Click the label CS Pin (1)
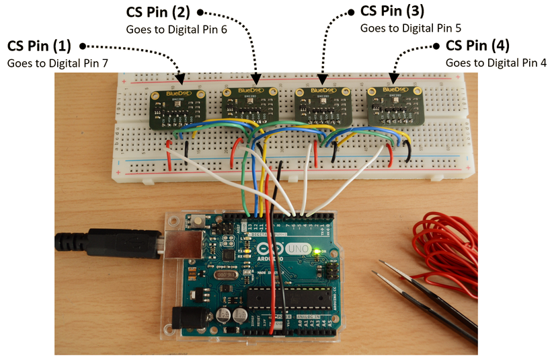(38, 46)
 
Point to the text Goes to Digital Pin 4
(496, 62)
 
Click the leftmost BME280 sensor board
(175, 108)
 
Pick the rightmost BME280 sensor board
(394, 104)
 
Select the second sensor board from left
(249, 105)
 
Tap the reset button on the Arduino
(199, 222)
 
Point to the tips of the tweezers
(380, 273)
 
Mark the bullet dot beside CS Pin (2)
(200, 12)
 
